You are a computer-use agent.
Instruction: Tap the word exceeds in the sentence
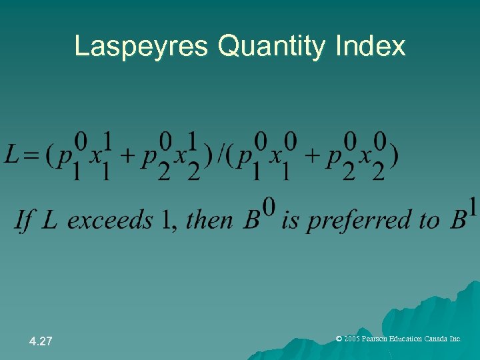(110, 219)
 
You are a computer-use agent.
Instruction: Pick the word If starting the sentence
(24, 219)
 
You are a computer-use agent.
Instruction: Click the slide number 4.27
(41, 341)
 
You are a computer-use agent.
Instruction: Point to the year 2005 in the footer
(353, 339)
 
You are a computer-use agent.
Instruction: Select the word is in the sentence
(290, 219)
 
